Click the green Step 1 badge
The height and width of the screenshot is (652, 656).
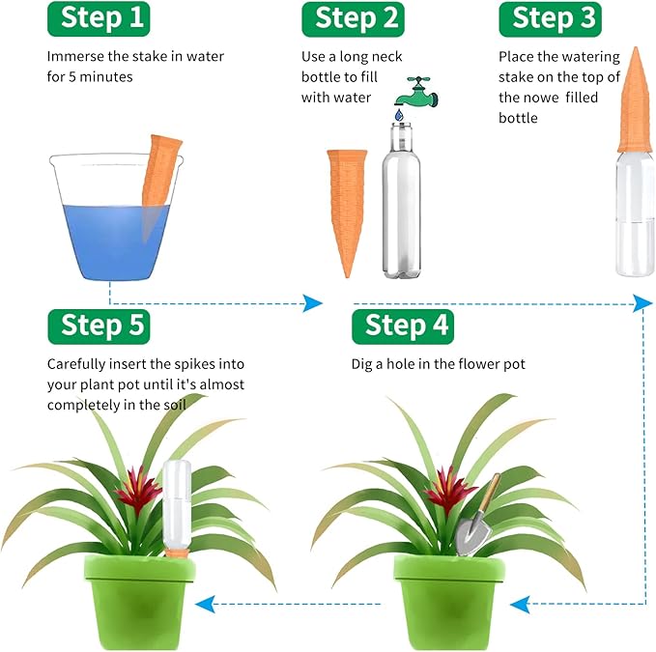[x=105, y=18]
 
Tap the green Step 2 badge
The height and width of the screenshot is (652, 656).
[x=357, y=18]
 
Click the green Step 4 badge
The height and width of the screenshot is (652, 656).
[x=407, y=326]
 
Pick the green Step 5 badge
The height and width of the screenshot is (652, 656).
[x=103, y=326]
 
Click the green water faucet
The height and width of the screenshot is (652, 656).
[x=416, y=92]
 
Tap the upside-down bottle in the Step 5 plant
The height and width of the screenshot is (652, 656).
[x=177, y=502]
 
